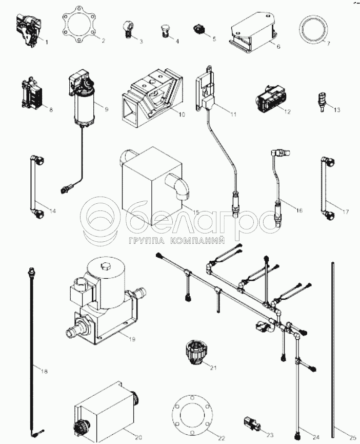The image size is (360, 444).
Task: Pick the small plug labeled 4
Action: (x=165, y=29)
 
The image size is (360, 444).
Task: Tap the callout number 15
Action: (x=196, y=211)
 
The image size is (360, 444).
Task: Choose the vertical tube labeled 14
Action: (x=34, y=185)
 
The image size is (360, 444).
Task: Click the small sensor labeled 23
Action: (x=253, y=422)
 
